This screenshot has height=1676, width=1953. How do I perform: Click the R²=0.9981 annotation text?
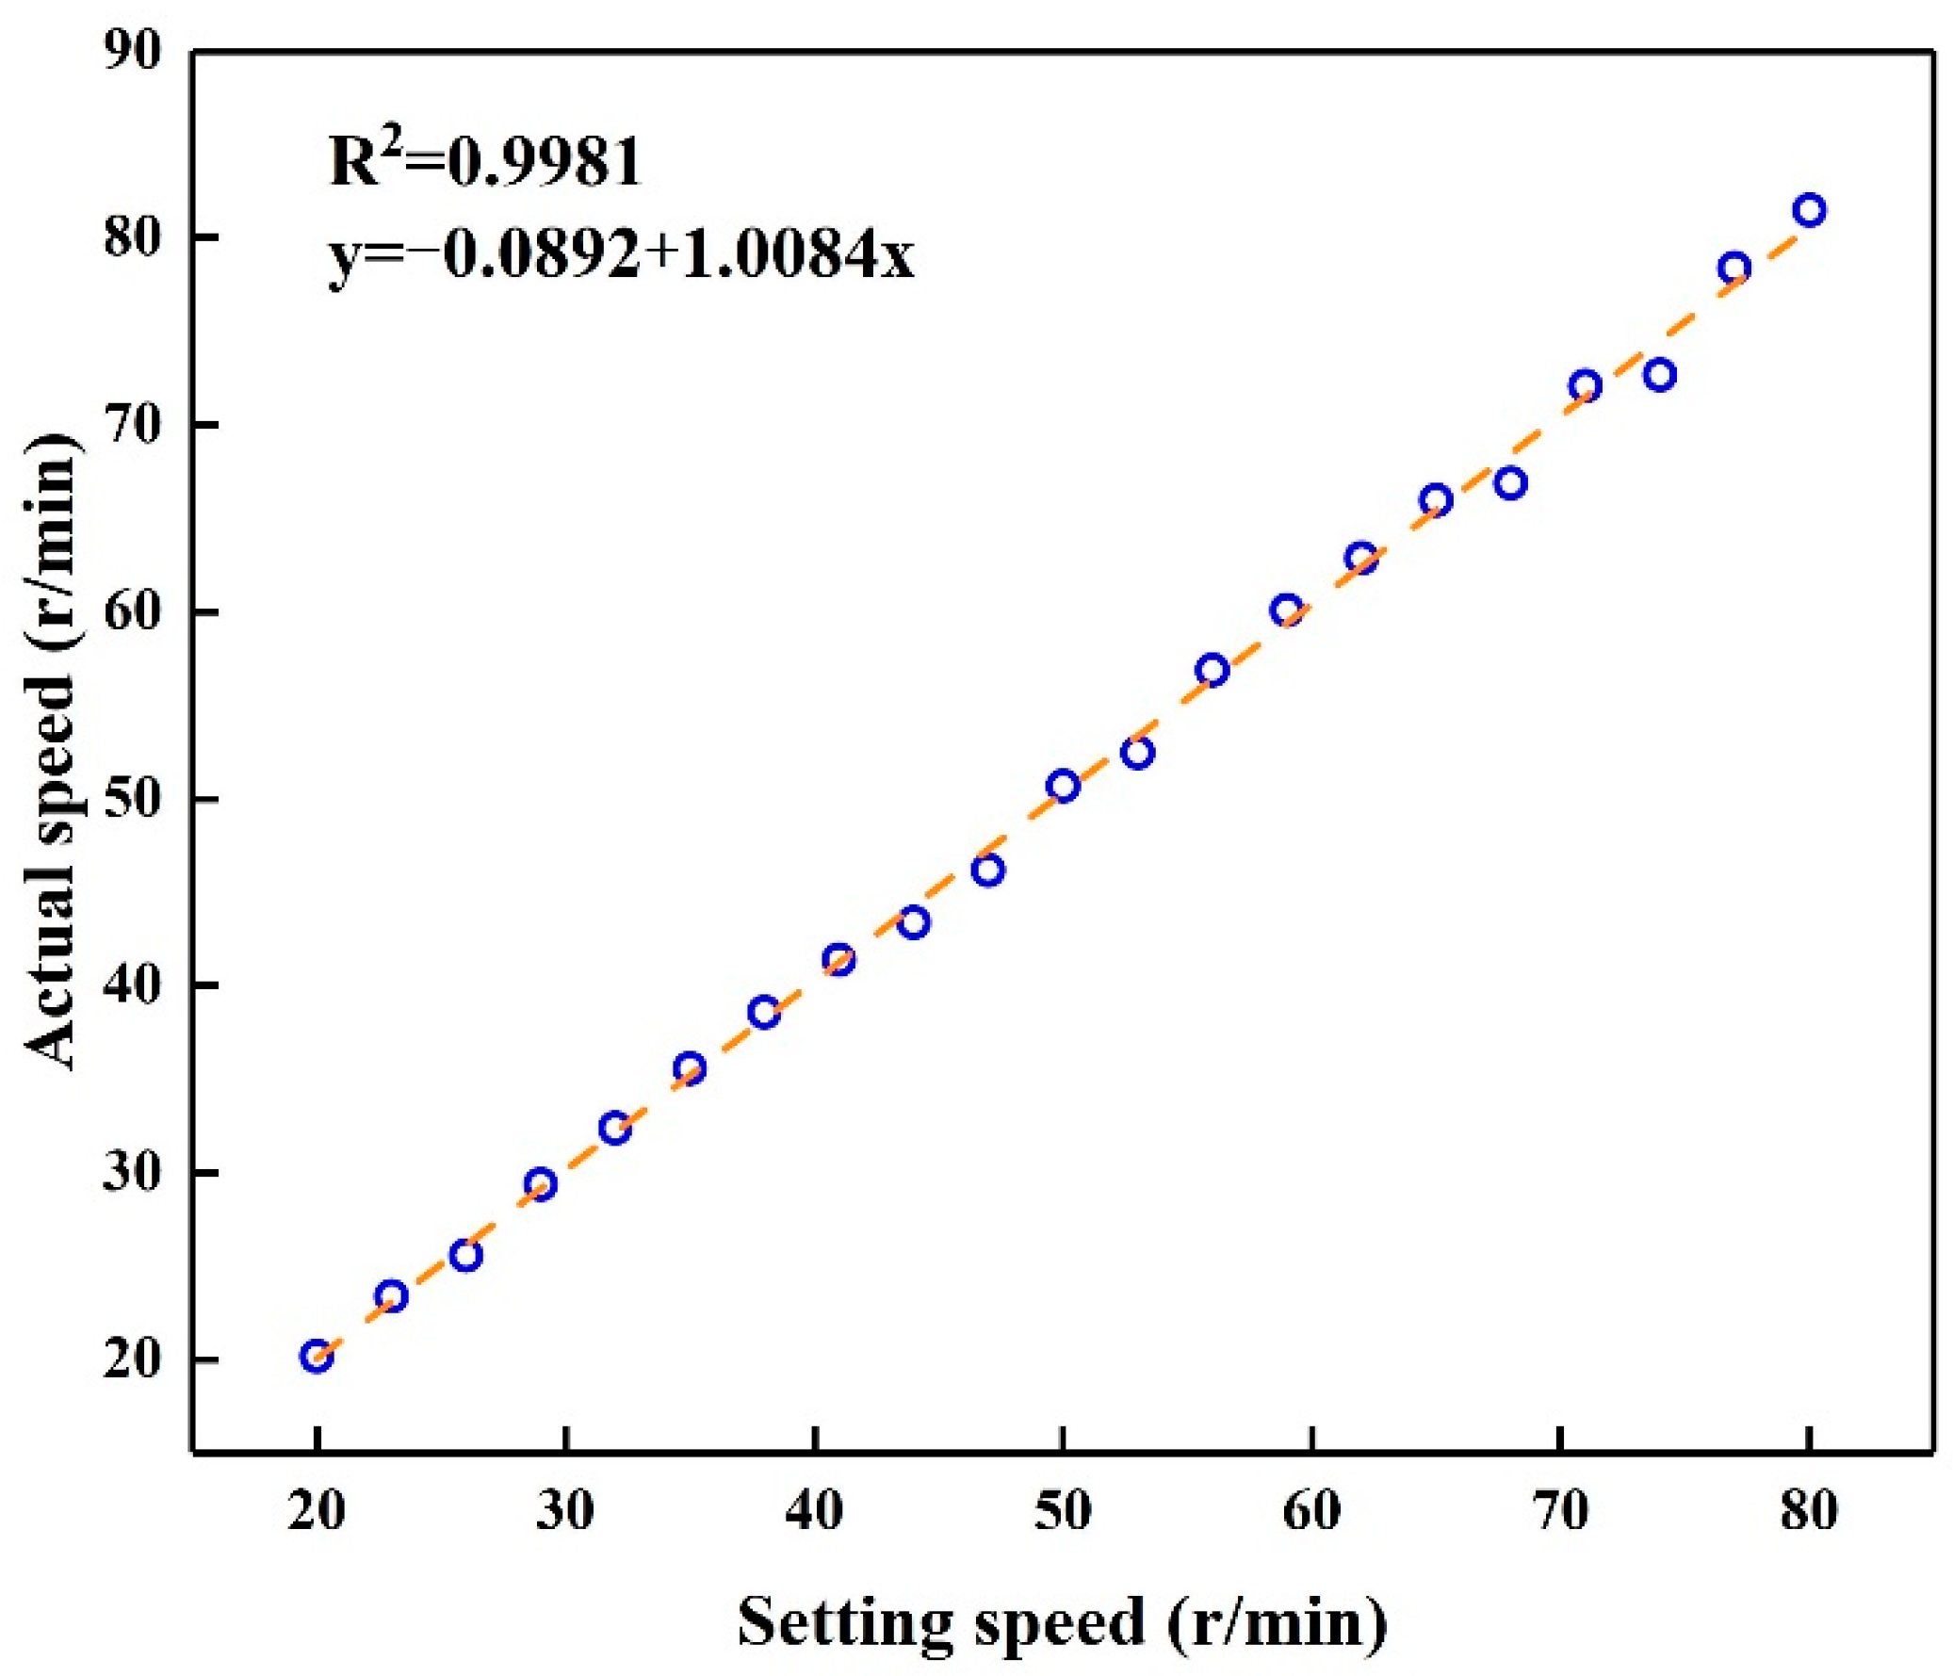click(x=484, y=160)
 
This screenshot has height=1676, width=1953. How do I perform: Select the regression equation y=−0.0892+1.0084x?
click(x=621, y=254)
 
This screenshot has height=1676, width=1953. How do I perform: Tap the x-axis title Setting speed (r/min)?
click(x=1063, y=1623)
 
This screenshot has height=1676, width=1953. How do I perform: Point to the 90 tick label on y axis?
click(x=133, y=51)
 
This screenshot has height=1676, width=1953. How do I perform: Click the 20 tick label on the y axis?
click(x=133, y=1359)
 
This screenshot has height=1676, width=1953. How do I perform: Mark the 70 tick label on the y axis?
click(x=133, y=425)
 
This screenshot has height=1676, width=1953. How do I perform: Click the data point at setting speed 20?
click(x=317, y=1356)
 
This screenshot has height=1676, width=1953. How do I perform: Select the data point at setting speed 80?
click(x=1809, y=209)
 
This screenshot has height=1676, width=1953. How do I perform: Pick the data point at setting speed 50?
click(x=1064, y=785)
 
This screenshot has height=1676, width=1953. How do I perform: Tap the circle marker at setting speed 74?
click(x=1660, y=375)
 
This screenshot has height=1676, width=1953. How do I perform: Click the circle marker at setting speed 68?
click(x=1511, y=483)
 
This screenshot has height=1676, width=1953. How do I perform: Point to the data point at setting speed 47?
click(x=988, y=870)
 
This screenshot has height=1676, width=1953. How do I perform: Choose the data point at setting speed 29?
click(x=540, y=1184)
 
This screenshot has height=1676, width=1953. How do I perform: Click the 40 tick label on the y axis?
click(x=133, y=986)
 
